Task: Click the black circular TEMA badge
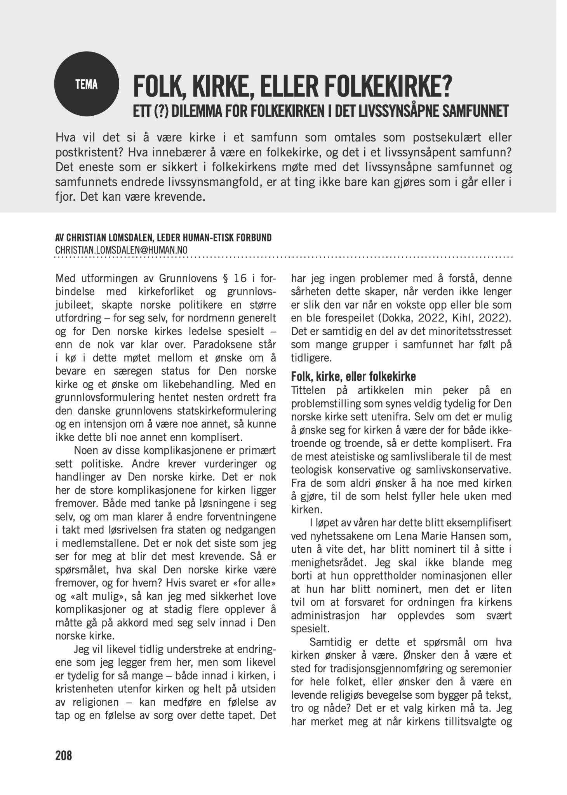(x=86, y=84)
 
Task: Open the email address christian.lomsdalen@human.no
(x=121, y=250)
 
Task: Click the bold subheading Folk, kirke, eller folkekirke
(x=353, y=377)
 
